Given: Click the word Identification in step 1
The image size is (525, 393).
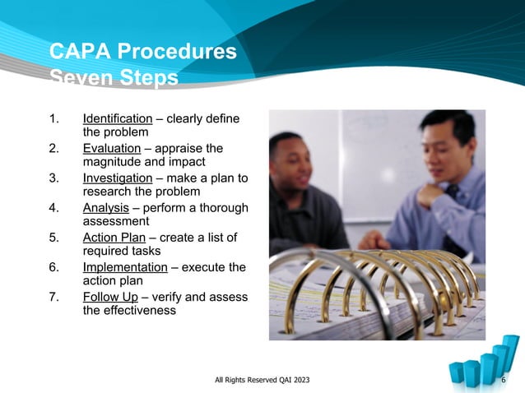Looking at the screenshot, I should pos(118,119).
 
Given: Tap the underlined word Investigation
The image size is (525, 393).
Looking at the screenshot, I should pos(118,178).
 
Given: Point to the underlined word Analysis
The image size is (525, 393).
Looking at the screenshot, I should pos(106,208).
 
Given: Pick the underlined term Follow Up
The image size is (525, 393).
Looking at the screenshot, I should pos(109,297).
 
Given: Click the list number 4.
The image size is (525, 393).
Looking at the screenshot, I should pos(54,208).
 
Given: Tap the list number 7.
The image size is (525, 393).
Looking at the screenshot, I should pos(54,297).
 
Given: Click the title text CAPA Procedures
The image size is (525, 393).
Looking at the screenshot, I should pos(143,53).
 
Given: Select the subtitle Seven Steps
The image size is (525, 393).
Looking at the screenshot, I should pos(114,79).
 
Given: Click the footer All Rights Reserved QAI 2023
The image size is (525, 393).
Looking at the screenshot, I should pos(262,379).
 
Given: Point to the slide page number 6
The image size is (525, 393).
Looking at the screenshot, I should pos(504,379).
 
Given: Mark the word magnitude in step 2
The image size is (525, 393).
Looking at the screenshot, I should pos(111,163).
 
